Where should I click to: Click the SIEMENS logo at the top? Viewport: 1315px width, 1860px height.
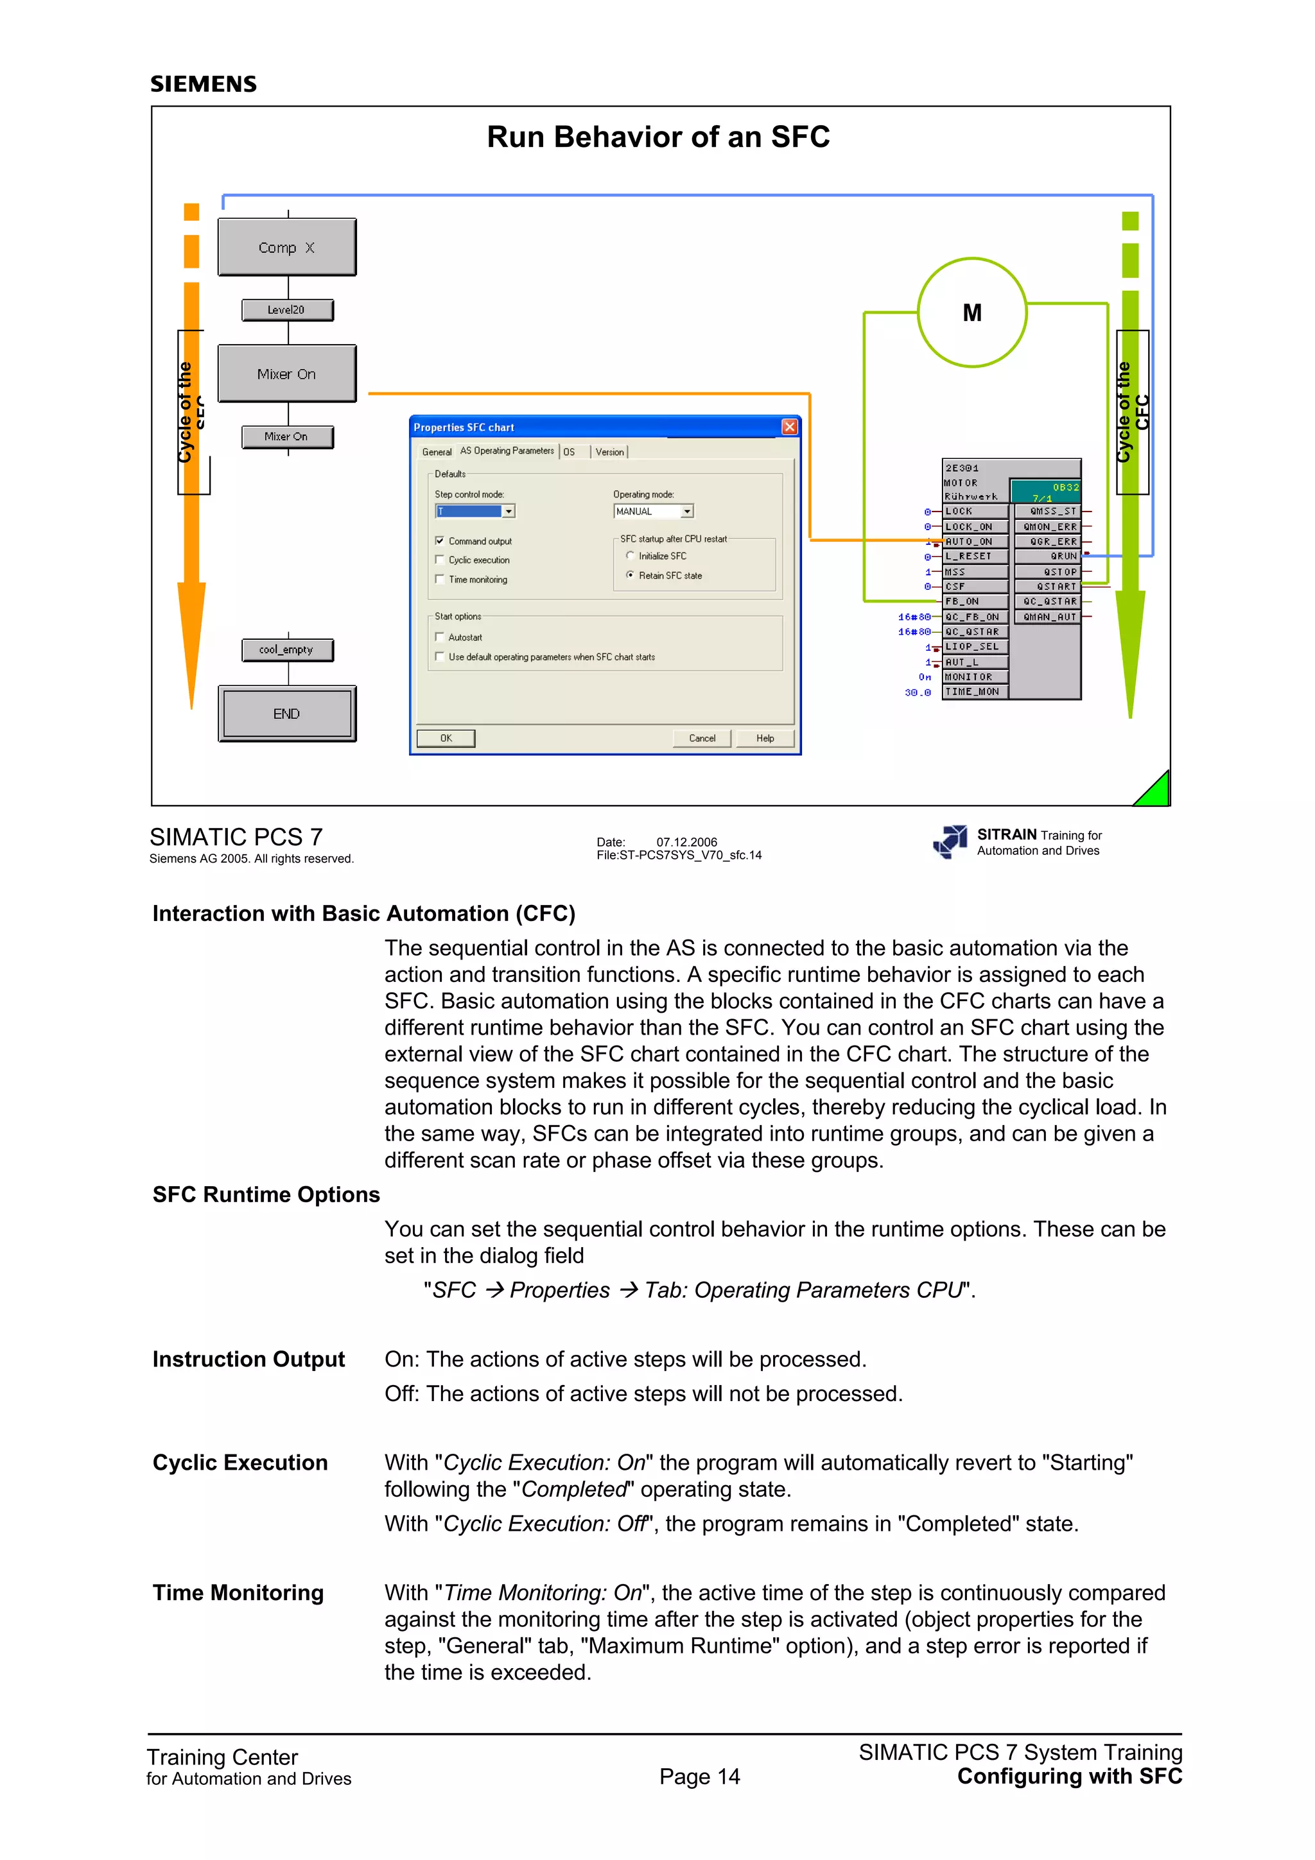204,84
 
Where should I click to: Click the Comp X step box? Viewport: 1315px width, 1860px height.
287,247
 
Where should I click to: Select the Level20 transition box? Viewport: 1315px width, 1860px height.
287,309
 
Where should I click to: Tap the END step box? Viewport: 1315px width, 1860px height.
287,714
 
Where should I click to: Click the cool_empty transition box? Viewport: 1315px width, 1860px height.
287,650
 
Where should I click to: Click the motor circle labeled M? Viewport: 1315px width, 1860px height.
971,313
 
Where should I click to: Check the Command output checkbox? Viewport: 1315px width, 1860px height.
440,540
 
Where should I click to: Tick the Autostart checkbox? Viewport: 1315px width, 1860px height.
440,637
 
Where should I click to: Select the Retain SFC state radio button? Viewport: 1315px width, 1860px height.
631,575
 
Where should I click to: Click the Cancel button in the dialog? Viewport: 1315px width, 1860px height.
702,738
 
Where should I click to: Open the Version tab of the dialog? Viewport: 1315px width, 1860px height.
609,452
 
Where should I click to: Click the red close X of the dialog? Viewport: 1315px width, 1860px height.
789,427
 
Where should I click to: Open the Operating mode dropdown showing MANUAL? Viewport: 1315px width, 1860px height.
687,511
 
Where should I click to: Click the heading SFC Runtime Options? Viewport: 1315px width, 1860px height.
266,1195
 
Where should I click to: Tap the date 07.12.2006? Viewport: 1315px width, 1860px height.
686,841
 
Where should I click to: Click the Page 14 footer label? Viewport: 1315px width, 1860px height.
699,1777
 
